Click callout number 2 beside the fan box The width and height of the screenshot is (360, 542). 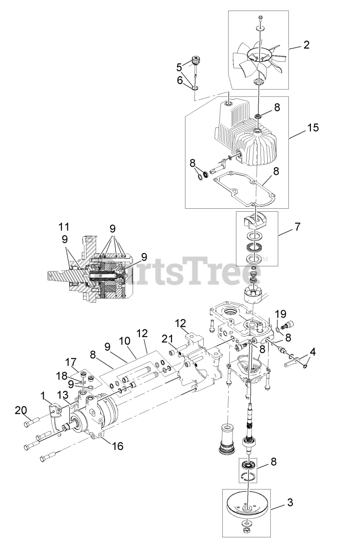pyautogui.click(x=307, y=44)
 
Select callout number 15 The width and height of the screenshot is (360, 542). pyautogui.click(x=313, y=127)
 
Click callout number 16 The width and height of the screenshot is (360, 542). pyautogui.click(x=118, y=446)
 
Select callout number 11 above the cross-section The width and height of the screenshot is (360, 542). pyautogui.click(x=64, y=227)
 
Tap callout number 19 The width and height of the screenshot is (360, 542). pyautogui.click(x=281, y=314)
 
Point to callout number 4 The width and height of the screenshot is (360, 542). pyautogui.click(x=312, y=351)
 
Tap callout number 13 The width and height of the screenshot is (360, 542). pyautogui.click(x=62, y=395)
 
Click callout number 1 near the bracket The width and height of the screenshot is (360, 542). pyautogui.click(x=43, y=395)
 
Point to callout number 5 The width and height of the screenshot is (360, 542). pyautogui.click(x=179, y=66)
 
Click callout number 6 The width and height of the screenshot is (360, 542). pyautogui.click(x=179, y=80)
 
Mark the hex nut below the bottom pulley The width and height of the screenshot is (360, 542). pyautogui.click(x=246, y=530)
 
